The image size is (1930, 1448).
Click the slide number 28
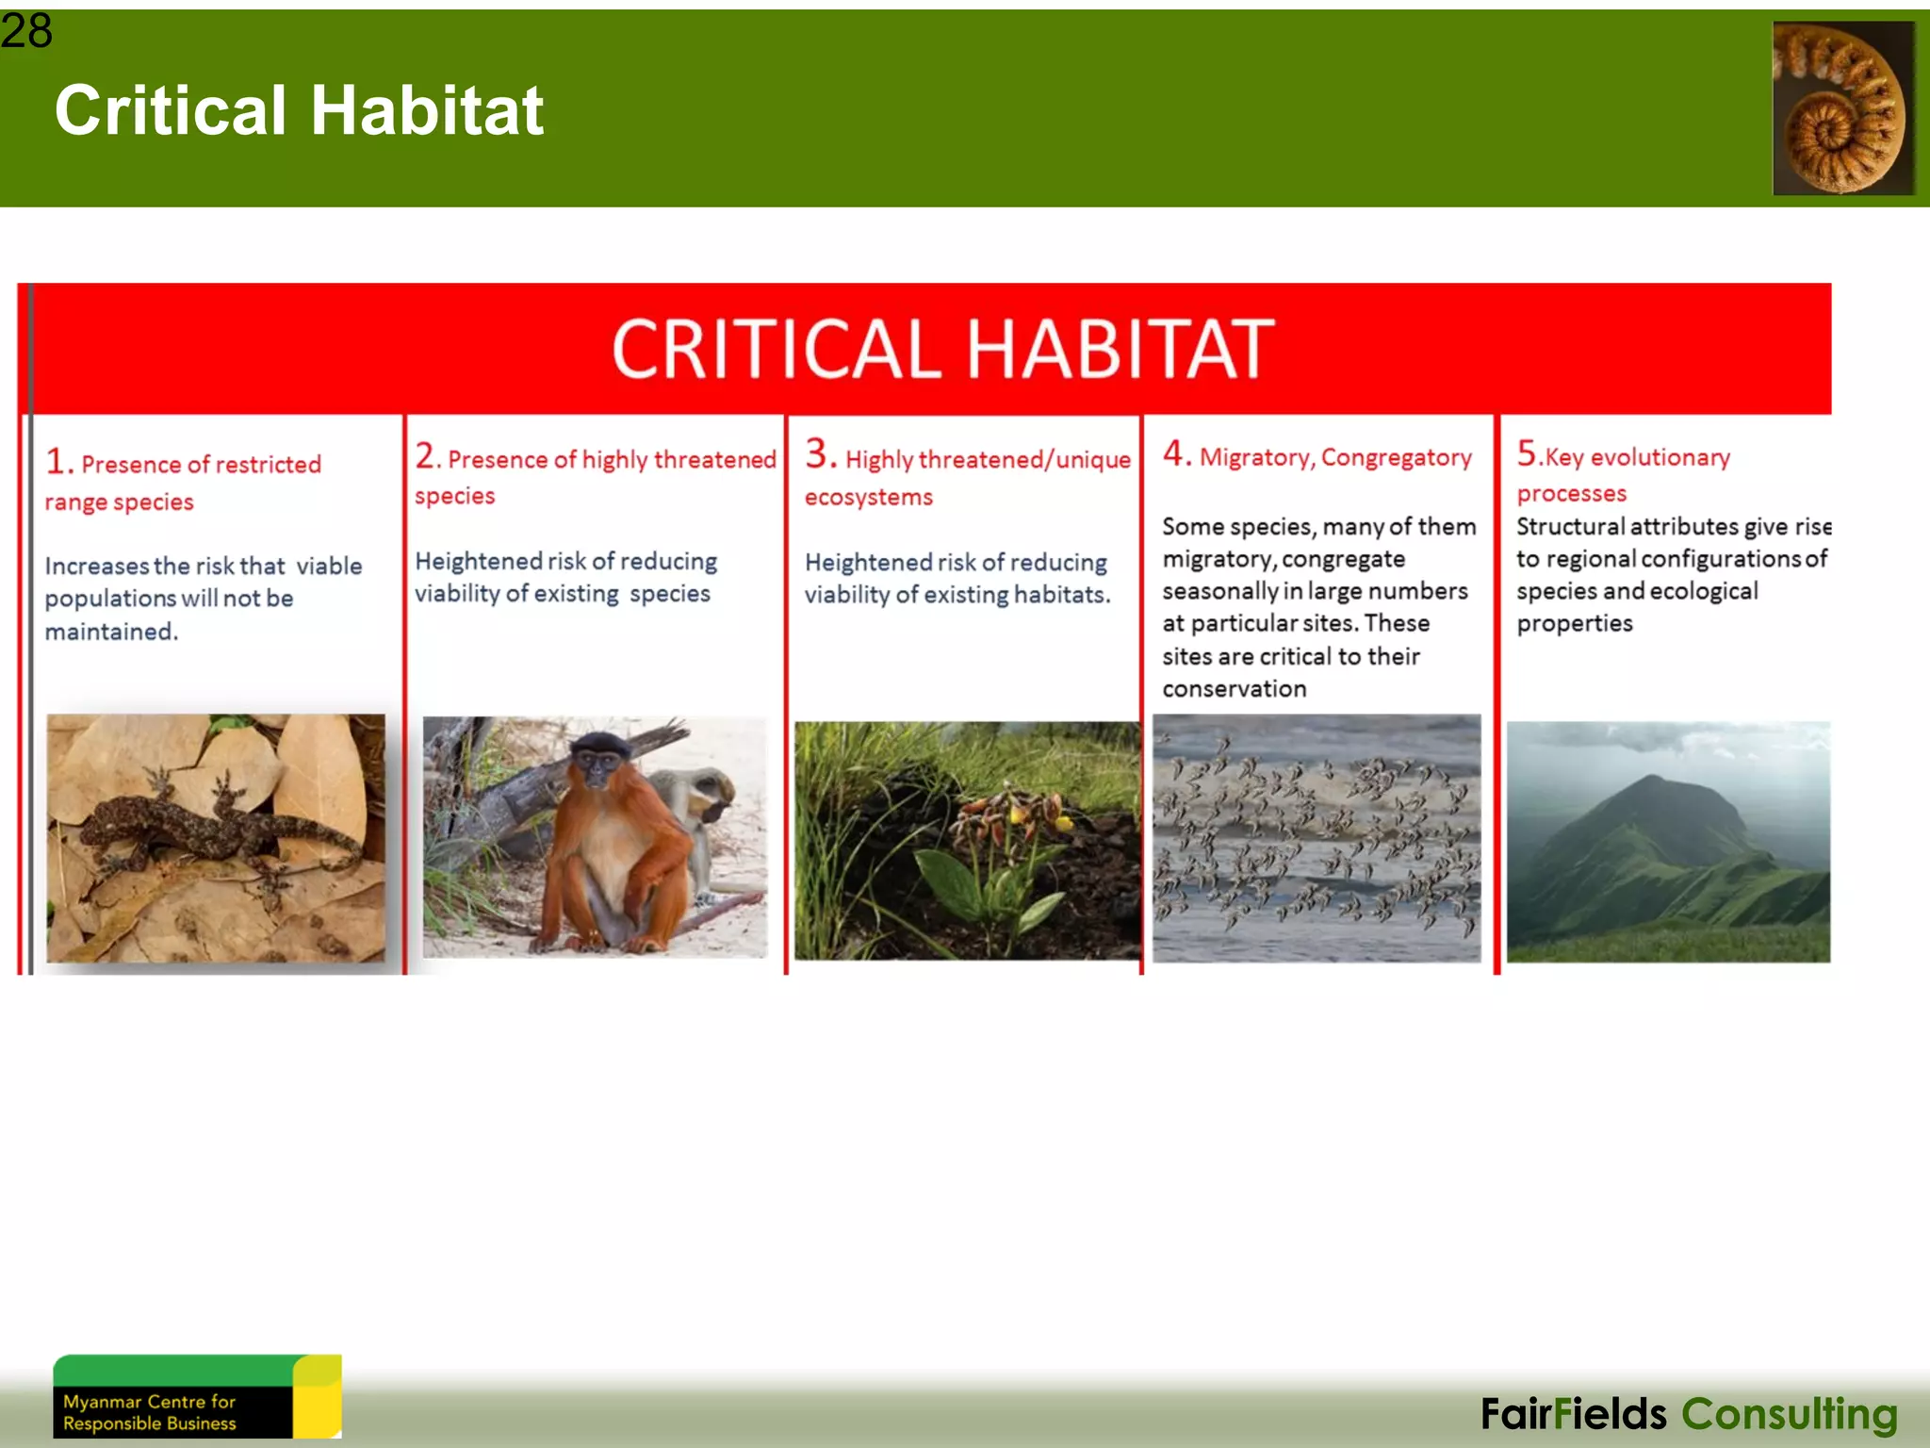(26, 30)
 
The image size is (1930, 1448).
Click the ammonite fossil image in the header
(1842, 108)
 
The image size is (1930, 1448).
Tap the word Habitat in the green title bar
(427, 110)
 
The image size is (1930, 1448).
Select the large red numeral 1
(56, 462)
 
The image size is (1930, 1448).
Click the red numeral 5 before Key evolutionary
(1527, 453)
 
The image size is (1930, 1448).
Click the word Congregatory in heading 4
(1396, 457)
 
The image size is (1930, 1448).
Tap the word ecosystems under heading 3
(868, 497)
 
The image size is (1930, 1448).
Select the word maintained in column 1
(110, 632)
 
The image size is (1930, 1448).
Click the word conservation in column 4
(1234, 689)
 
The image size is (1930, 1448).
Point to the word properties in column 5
(1574, 623)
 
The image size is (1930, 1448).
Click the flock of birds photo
(1317, 839)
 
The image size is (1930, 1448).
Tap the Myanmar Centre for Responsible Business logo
(196, 1397)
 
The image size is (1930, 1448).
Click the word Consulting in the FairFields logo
(1789, 1414)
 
